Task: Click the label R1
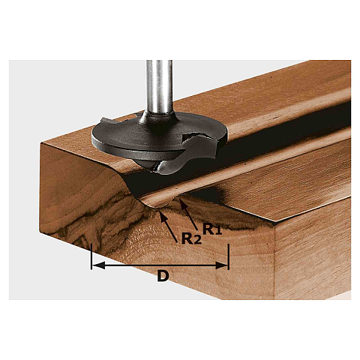click(212, 229)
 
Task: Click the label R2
click(191, 238)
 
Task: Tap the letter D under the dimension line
click(163, 277)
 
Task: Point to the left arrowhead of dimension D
click(98, 265)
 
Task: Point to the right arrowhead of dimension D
click(222, 265)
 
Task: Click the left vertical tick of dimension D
click(91, 256)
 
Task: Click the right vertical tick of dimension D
click(229, 256)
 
